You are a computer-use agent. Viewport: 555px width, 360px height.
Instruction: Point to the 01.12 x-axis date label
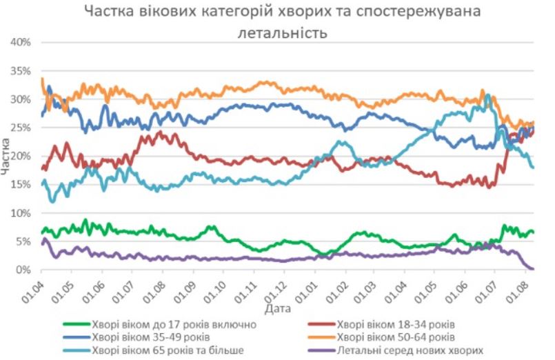pyautogui.click(x=275, y=286)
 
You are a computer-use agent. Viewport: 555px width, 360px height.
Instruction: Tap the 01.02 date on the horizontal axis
pyautogui.click(x=336, y=286)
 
